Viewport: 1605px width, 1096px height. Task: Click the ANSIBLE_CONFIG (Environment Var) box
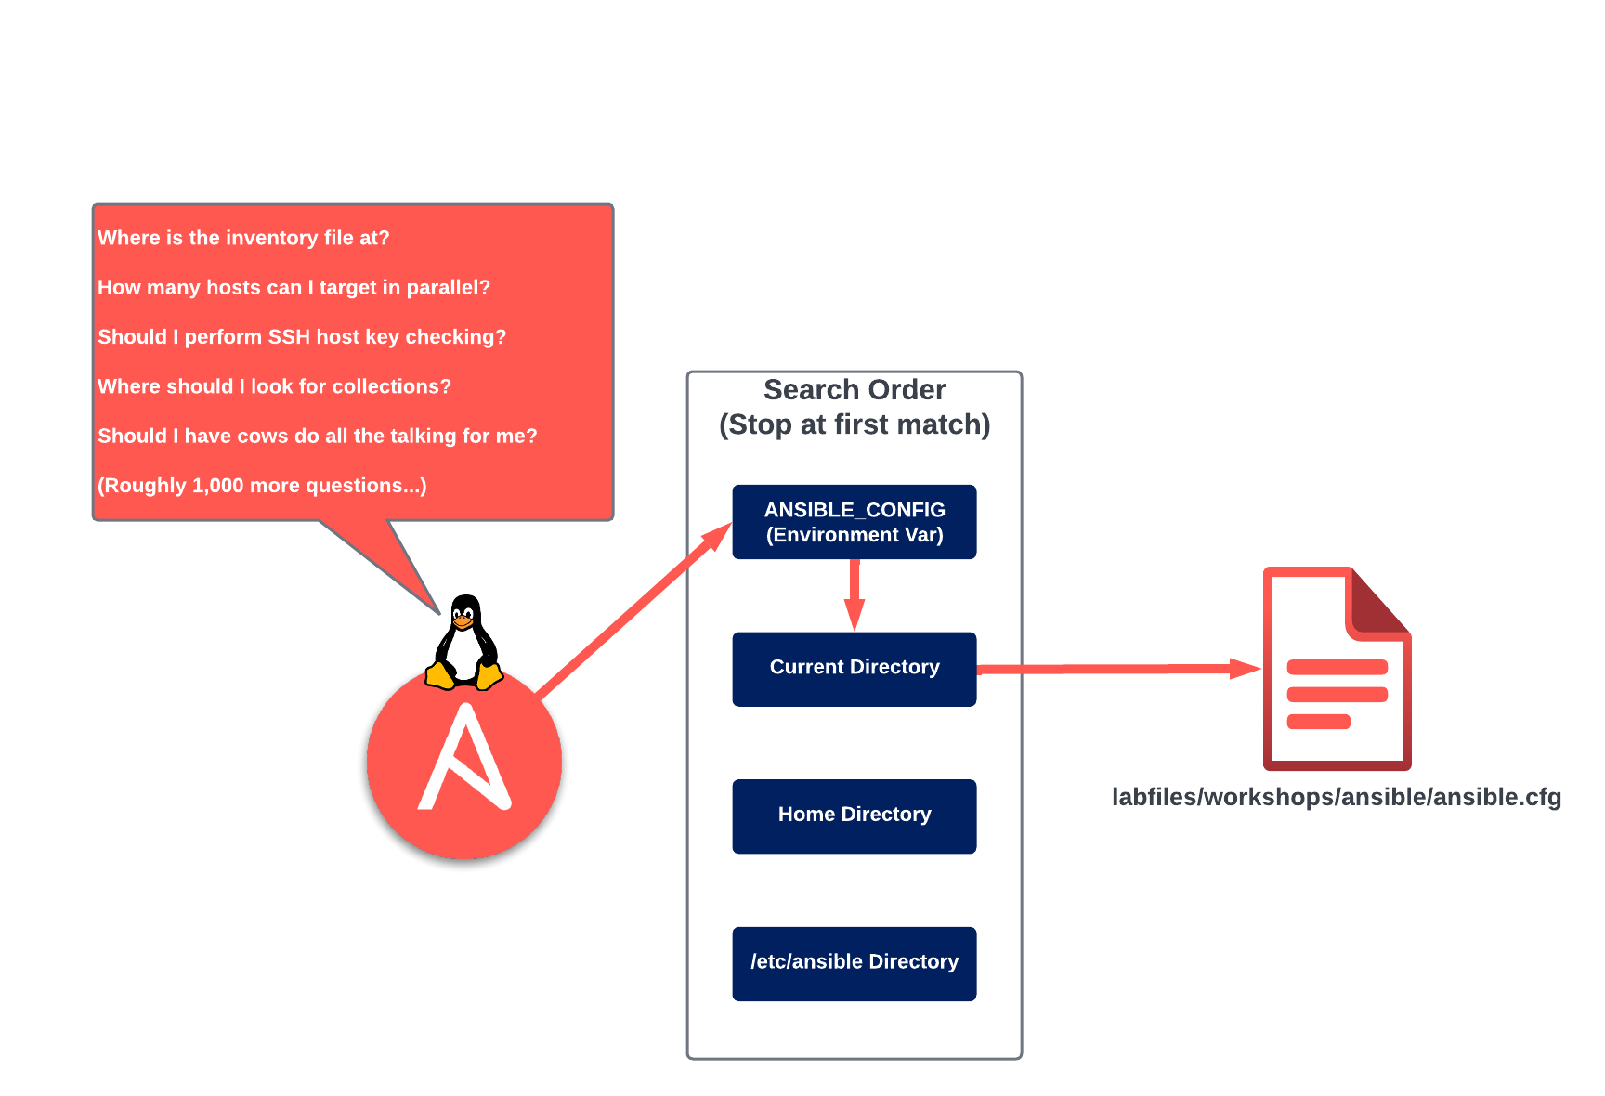pyautogui.click(x=854, y=522)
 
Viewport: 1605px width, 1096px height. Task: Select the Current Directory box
pyautogui.click(x=854, y=669)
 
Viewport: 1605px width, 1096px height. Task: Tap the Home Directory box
pyautogui.click(x=854, y=815)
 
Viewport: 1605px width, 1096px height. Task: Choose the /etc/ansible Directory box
pyautogui.click(x=854, y=963)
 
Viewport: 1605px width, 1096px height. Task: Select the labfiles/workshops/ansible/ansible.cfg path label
pyautogui.click(x=1336, y=797)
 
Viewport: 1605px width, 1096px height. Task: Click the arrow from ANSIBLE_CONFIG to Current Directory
pyautogui.click(x=854, y=594)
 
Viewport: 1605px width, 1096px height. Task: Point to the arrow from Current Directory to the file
pyautogui.click(x=1115, y=669)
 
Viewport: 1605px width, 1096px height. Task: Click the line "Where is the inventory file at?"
pyautogui.click(x=243, y=238)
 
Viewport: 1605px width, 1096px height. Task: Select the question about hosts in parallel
pyautogui.click(x=294, y=287)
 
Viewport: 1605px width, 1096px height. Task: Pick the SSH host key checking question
pyautogui.click(x=302, y=337)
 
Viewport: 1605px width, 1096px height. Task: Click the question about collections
pyautogui.click(x=274, y=386)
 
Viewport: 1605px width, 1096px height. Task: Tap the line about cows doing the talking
pyautogui.click(x=317, y=436)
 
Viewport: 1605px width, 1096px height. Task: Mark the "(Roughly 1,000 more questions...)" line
pyautogui.click(x=262, y=486)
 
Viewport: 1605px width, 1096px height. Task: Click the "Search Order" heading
pyautogui.click(x=854, y=389)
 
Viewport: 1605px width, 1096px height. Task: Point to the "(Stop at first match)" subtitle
pyautogui.click(x=854, y=424)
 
